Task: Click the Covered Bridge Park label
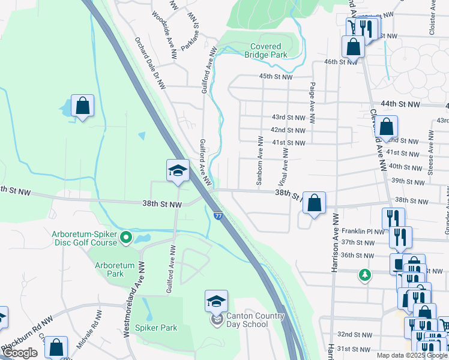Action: click(x=265, y=50)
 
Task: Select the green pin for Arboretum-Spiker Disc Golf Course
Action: click(x=126, y=238)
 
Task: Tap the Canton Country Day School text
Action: click(x=247, y=320)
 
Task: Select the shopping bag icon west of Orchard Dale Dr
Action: click(x=83, y=106)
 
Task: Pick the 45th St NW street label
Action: click(x=276, y=77)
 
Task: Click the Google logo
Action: click(x=20, y=353)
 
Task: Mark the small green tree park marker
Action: click(x=364, y=275)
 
